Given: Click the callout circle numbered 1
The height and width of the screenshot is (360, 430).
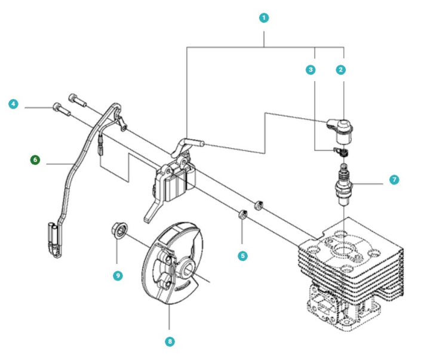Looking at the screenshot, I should (x=265, y=17).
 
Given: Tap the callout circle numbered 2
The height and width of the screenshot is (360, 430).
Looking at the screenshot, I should (x=340, y=70).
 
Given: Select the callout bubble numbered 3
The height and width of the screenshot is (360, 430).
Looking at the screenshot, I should (x=310, y=70).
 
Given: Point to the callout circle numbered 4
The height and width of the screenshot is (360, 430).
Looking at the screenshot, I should (x=14, y=104).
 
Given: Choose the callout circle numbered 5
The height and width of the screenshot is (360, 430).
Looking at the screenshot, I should (x=242, y=255).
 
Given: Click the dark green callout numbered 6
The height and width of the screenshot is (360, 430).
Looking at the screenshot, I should (x=35, y=160).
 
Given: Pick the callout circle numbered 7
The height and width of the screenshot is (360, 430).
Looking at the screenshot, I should (x=394, y=179).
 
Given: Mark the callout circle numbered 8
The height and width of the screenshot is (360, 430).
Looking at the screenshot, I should (x=170, y=341).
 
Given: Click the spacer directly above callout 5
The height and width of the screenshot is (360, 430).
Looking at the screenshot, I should (x=242, y=214).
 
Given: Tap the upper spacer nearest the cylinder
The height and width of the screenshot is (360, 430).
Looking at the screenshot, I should (x=259, y=204).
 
